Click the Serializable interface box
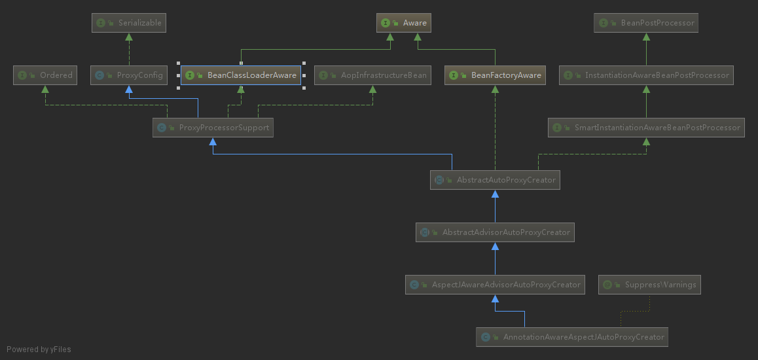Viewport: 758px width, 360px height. point(128,23)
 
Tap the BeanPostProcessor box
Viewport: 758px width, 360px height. point(646,23)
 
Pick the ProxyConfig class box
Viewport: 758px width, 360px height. point(129,75)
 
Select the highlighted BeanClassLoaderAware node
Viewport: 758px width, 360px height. point(241,75)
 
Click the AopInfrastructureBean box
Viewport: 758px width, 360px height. point(373,75)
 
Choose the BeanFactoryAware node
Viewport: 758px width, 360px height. point(496,75)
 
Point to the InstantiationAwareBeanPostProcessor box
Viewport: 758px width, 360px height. point(646,75)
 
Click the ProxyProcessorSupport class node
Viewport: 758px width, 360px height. point(213,128)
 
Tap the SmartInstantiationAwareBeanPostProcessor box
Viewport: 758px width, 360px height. point(646,128)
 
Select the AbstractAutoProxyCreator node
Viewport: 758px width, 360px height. point(495,180)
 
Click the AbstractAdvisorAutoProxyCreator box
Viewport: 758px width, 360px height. point(495,232)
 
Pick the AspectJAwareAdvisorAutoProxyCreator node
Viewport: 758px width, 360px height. point(495,285)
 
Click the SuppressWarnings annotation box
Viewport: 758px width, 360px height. point(650,285)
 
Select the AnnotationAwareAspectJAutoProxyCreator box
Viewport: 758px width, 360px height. point(572,337)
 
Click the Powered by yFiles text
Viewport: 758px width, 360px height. point(39,350)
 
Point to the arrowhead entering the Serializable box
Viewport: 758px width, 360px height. point(129,37)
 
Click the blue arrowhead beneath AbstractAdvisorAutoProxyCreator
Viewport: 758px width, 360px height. point(496,247)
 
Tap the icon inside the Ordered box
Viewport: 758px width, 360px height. point(22,75)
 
